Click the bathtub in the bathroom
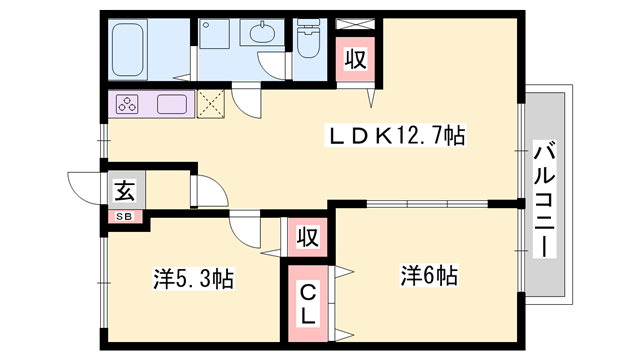click(x=131, y=47)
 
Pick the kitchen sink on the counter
click(x=167, y=104)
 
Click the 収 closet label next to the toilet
click(x=355, y=58)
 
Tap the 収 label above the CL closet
click(x=307, y=237)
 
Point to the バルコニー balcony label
click(x=545, y=200)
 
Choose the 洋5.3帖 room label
click(x=193, y=279)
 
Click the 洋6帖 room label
click(x=429, y=273)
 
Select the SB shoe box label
click(x=125, y=214)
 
